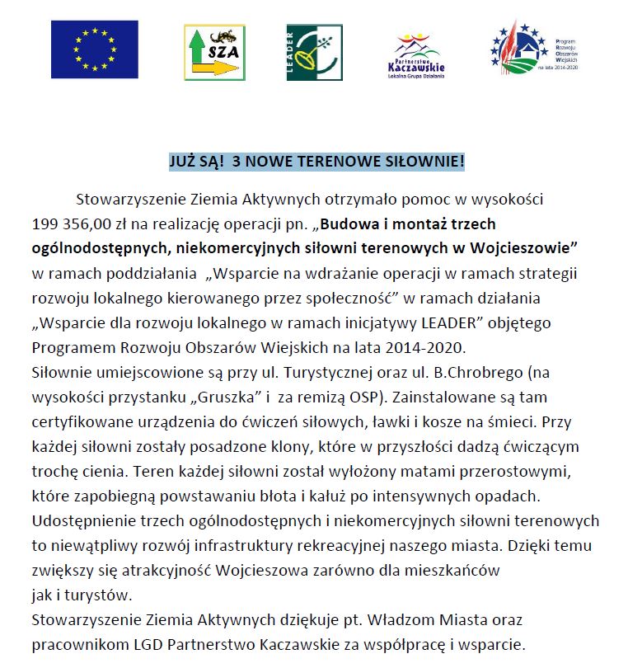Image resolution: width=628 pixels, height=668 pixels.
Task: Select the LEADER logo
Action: (313, 52)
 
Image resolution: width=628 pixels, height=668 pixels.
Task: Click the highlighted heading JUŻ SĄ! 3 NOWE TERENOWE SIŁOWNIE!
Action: (316, 162)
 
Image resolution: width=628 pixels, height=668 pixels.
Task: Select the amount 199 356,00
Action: (70, 223)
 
